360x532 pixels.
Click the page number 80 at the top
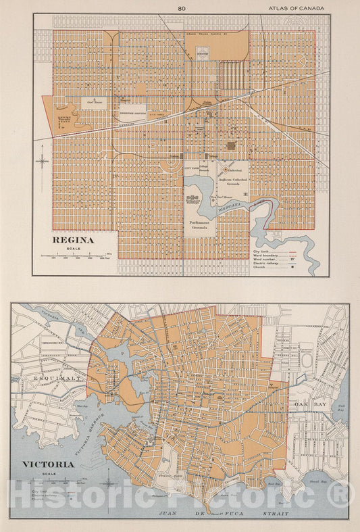point(181,9)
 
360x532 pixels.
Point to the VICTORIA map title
point(48,464)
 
